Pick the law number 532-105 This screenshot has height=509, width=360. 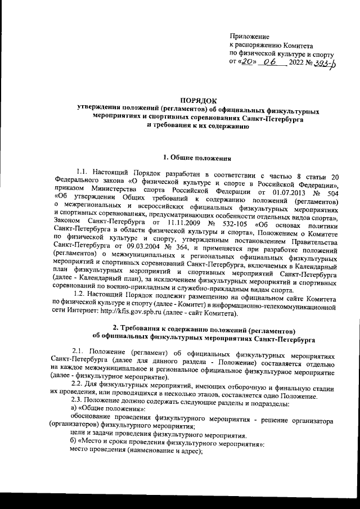pos(218,220)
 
